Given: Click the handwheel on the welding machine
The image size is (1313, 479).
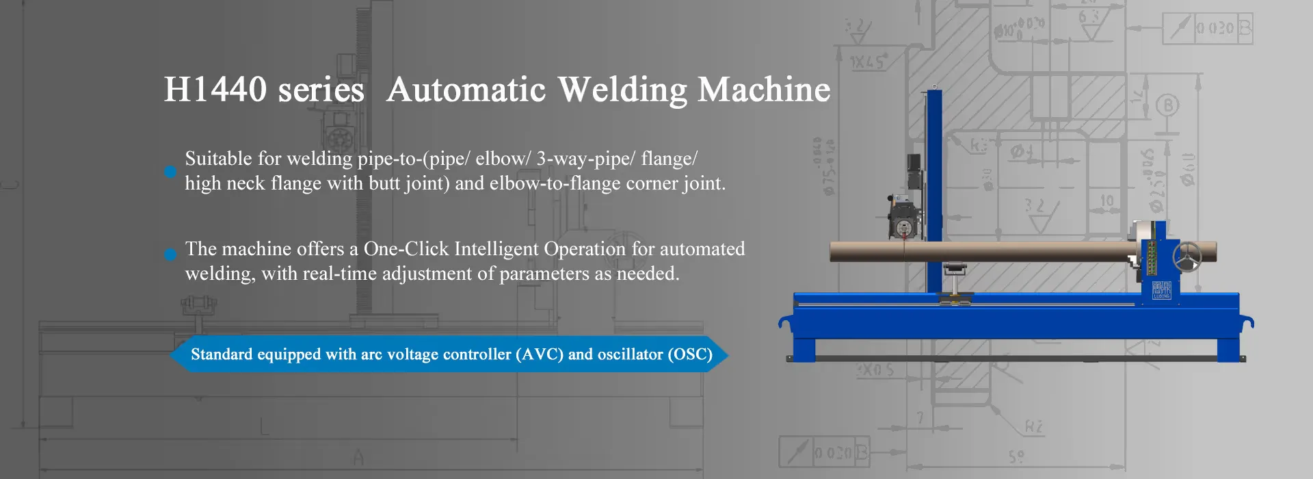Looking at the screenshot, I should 1188,257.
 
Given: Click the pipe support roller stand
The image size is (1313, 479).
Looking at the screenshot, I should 954,281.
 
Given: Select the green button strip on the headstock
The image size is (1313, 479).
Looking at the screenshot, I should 1151,257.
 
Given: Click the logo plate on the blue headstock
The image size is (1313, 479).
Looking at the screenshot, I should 1161,289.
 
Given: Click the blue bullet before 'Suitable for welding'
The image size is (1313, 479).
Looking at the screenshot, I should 170,172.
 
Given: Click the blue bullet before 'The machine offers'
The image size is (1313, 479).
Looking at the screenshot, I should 170,255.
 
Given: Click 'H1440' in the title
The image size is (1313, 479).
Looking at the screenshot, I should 215,90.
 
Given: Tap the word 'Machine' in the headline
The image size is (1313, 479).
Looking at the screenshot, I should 764,90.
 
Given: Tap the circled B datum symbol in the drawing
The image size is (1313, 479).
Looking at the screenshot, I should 1167,106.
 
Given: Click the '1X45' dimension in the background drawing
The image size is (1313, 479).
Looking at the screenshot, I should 868,62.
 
